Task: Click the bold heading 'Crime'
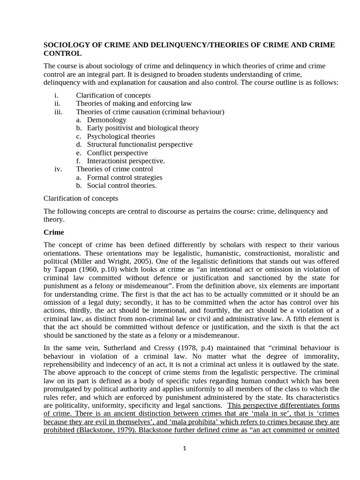point(53,232)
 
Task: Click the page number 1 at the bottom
point(185,448)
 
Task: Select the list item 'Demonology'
point(106,120)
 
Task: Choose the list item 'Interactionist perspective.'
point(126,161)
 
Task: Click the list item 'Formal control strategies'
point(125,177)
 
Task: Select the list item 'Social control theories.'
point(122,186)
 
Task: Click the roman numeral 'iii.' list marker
point(58,112)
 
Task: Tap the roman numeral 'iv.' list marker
point(58,169)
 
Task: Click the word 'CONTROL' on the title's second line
point(63,54)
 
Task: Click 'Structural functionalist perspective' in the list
point(140,144)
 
